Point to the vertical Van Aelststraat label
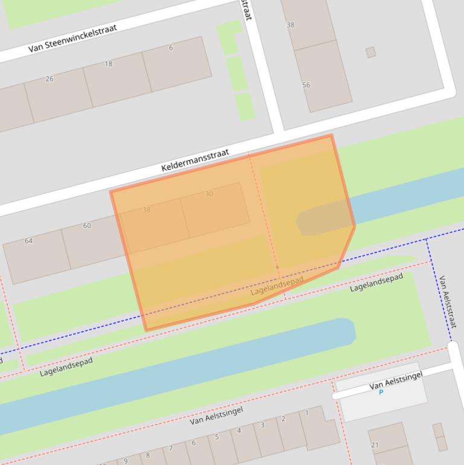(447, 301)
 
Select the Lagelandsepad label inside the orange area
(277, 287)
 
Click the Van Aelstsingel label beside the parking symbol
(396, 380)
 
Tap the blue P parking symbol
(381, 393)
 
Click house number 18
(109, 64)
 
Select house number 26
(49, 79)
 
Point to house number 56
(306, 85)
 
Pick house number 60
(87, 226)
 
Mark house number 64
(28, 241)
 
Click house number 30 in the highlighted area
(209, 194)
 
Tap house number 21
(375, 445)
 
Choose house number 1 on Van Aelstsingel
(307, 413)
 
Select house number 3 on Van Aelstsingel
(262, 425)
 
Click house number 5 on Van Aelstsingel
(217, 437)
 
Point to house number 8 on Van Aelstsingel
(148, 455)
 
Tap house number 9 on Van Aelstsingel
(126, 461)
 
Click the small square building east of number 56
(370, 53)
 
